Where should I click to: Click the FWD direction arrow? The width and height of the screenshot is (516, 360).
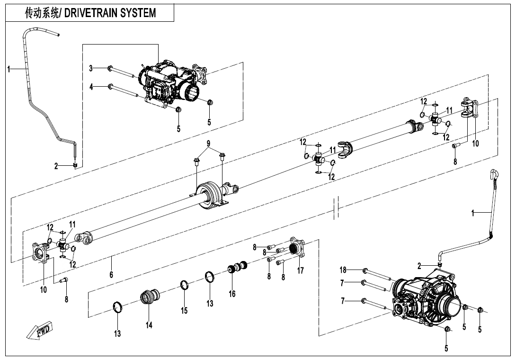click(38, 330)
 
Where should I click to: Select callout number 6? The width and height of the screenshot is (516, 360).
click(111, 274)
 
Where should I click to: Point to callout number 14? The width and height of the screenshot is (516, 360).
click(149, 325)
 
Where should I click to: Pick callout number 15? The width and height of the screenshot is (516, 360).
click(184, 310)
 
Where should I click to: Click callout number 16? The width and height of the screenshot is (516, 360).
click(232, 293)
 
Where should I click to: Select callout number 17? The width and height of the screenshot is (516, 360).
click(300, 270)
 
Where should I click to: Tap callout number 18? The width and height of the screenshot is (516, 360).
click(343, 270)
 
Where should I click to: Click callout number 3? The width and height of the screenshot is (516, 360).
click(91, 68)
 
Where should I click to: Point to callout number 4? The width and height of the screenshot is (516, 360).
click(91, 87)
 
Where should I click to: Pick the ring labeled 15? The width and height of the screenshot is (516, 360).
click(185, 284)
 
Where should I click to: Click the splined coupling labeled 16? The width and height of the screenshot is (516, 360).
click(238, 266)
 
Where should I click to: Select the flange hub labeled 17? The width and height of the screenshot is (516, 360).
click(297, 247)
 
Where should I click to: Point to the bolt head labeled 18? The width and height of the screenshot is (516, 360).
click(365, 271)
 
